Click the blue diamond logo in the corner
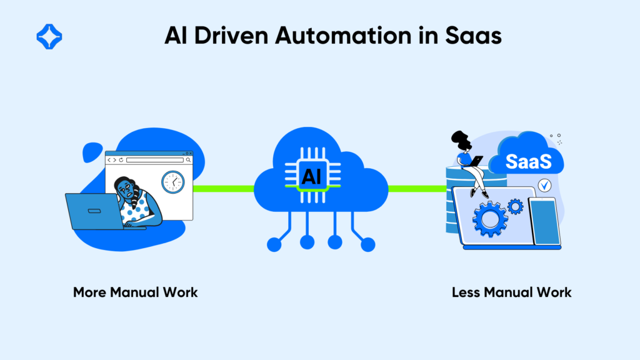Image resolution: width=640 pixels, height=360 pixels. pyautogui.click(x=49, y=36)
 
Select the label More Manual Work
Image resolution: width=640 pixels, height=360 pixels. pyautogui.click(x=135, y=292)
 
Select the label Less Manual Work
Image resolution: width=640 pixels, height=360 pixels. pyautogui.click(x=511, y=292)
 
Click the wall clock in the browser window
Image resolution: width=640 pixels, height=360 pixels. pyautogui.click(x=173, y=182)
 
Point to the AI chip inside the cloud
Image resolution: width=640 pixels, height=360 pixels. pyautogui.click(x=311, y=176)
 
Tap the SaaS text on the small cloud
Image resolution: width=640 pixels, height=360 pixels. pyautogui.click(x=528, y=162)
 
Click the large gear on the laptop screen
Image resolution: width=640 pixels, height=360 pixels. pyautogui.click(x=489, y=218)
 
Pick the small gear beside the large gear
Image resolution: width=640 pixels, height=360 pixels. pyautogui.click(x=515, y=206)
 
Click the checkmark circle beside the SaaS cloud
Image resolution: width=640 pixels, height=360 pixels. pyautogui.click(x=544, y=185)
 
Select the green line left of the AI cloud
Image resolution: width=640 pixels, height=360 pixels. pyautogui.click(x=224, y=187)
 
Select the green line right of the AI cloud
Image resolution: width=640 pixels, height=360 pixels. pyautogui.click(x=415, y=187)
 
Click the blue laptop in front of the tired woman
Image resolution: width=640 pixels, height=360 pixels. pyautogui.click(x=96, y=211)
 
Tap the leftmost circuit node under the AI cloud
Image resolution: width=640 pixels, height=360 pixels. pyautogui.click(x=274, y=244)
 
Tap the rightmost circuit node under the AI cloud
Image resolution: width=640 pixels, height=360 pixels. pyautogui.click(x=368, y=244)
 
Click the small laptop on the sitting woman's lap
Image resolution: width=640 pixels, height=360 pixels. pyautogui.click(x=474, y=161)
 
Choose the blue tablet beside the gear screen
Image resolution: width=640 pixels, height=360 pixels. pyautogui.click(x=544, y=222)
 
